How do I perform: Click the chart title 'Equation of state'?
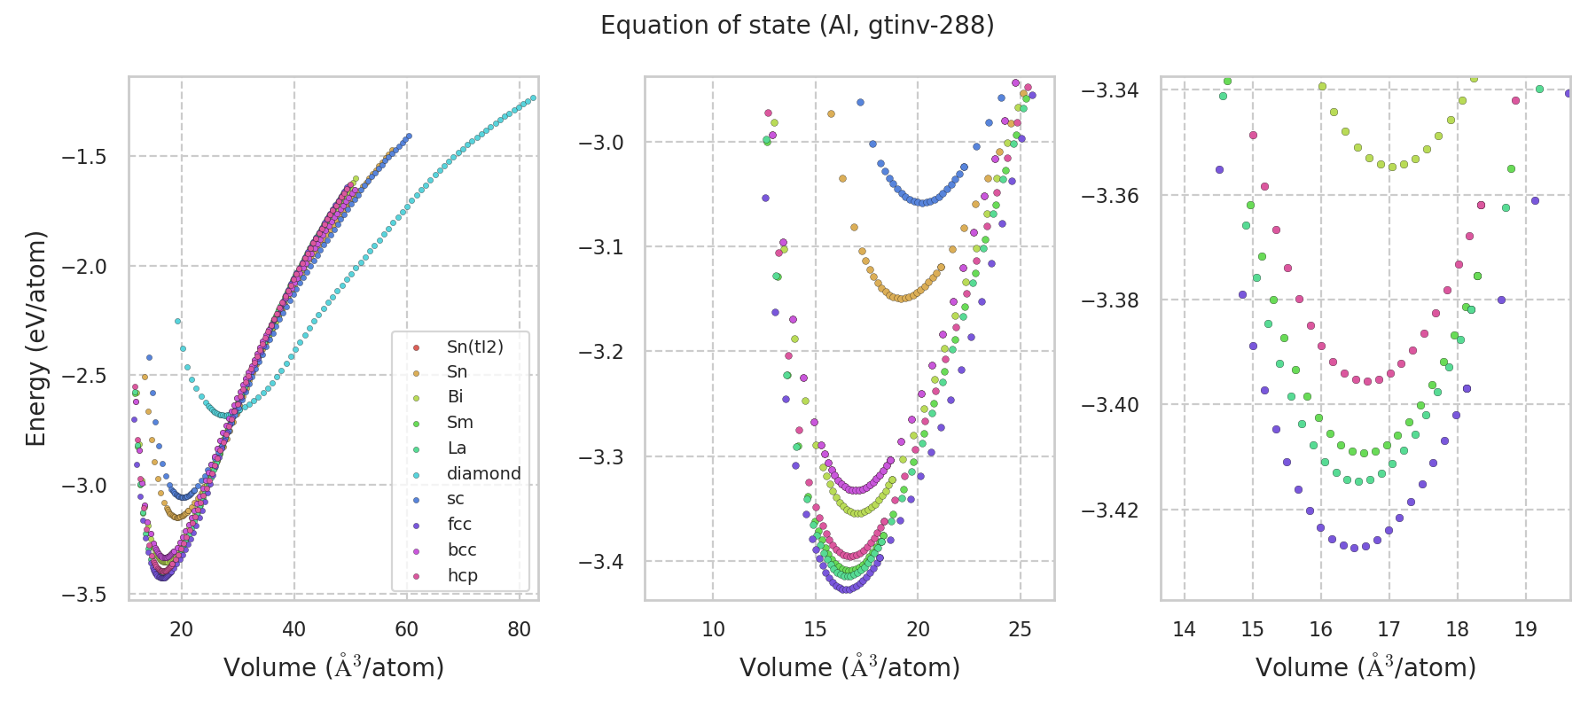797,26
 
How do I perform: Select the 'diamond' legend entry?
483,473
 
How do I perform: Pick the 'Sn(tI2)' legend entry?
474,347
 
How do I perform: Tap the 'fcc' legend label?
459,525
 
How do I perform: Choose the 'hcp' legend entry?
462,575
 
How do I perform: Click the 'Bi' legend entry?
455,397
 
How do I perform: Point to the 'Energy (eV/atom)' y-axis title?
35,339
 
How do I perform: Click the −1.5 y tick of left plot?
83,157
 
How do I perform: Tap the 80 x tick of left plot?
519,629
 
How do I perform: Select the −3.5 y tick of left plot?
83,595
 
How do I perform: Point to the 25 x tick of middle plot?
1021,629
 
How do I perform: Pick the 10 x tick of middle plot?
713,629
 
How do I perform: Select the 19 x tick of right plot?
1525,629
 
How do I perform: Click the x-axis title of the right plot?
1365,667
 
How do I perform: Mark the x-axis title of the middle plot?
849,667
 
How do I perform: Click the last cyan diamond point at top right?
533,97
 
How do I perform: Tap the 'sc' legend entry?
455,499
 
